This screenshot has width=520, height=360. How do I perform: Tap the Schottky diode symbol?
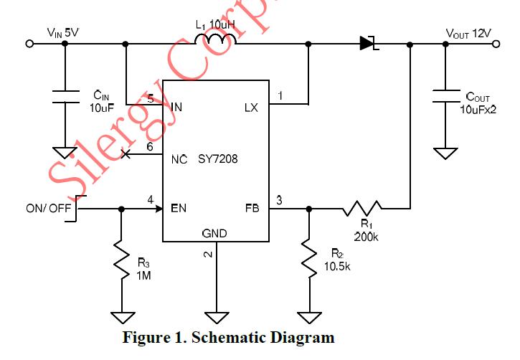(368, 43)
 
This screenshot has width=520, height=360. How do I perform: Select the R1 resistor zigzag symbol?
(362, 209)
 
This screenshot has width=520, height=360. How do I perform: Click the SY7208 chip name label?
(217, 159)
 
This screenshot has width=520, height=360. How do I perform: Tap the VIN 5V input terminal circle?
(30, 44)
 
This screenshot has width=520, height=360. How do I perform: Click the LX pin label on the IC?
(251, 108)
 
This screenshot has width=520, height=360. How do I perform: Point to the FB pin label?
(252, 209)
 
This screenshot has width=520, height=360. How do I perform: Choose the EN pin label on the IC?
(179, 209)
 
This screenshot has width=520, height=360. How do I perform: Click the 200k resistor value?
(366, 235)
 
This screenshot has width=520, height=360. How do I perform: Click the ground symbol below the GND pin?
(214, 316)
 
